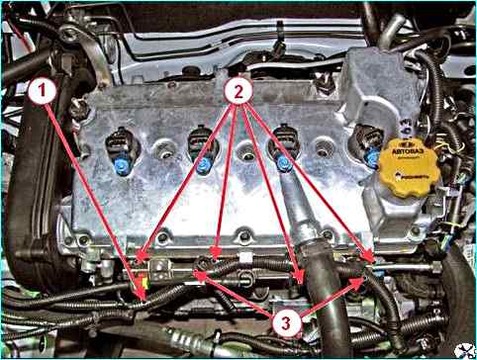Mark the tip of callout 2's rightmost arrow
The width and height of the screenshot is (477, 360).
[x=373, y=262]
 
